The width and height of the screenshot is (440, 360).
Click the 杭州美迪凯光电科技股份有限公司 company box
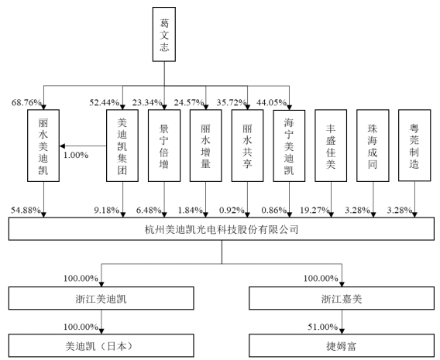point(219,231)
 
